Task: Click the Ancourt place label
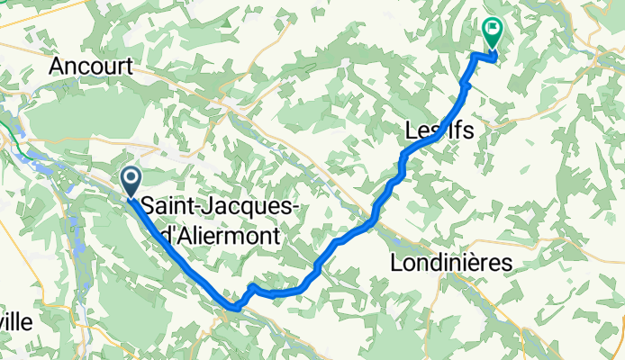click(x=92, y=66)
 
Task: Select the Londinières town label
click(x=451, y=263)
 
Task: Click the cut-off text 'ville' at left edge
click(x=17, y=323)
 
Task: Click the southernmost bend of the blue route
click(x=234, y=308)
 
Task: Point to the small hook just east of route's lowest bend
click(x=252, y=287)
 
